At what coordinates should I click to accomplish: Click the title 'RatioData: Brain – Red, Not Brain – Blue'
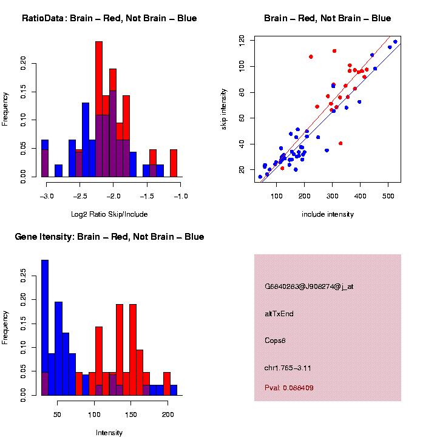(x=109, y=18)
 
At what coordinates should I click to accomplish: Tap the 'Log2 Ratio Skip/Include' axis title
(x=109, y=214)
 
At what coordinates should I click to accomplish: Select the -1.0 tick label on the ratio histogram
(x=181, y=196)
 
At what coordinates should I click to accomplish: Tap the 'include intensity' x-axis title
(x=328, y=214)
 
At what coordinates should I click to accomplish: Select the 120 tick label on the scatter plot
(x=242, y=39)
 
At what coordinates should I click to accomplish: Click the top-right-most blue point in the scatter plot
(x=395, y=42)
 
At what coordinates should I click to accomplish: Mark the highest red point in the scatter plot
(x=334, y=51)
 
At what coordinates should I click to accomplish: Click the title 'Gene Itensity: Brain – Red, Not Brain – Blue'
(x=109, y=237)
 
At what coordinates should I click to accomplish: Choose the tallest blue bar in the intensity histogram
(x=44, y=328)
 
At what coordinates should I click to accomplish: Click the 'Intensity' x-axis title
(x=109, y=433)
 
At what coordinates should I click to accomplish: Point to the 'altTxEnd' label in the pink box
(x=279, y=314)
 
